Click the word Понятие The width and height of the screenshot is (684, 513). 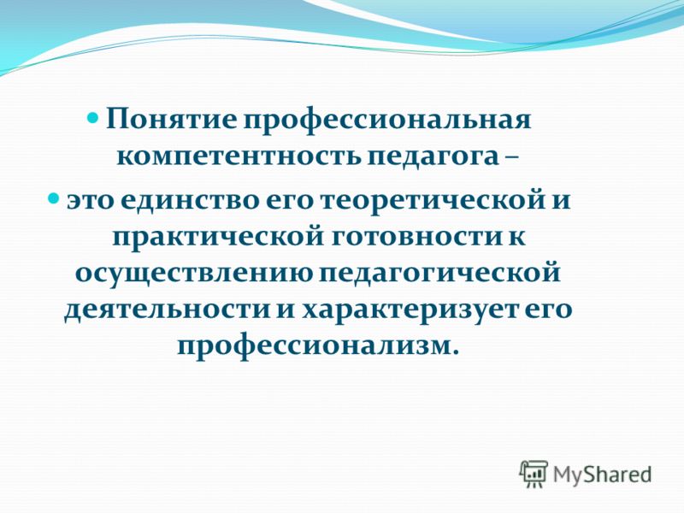tap(171, 120)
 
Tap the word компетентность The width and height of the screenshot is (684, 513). tap(239, 156)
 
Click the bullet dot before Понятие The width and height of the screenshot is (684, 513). tap(93, 118)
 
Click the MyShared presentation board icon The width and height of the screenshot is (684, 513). tap(534, 474)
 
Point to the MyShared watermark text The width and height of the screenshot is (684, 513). tap(603, 475)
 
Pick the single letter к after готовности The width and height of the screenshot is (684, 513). tap(516, 239)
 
